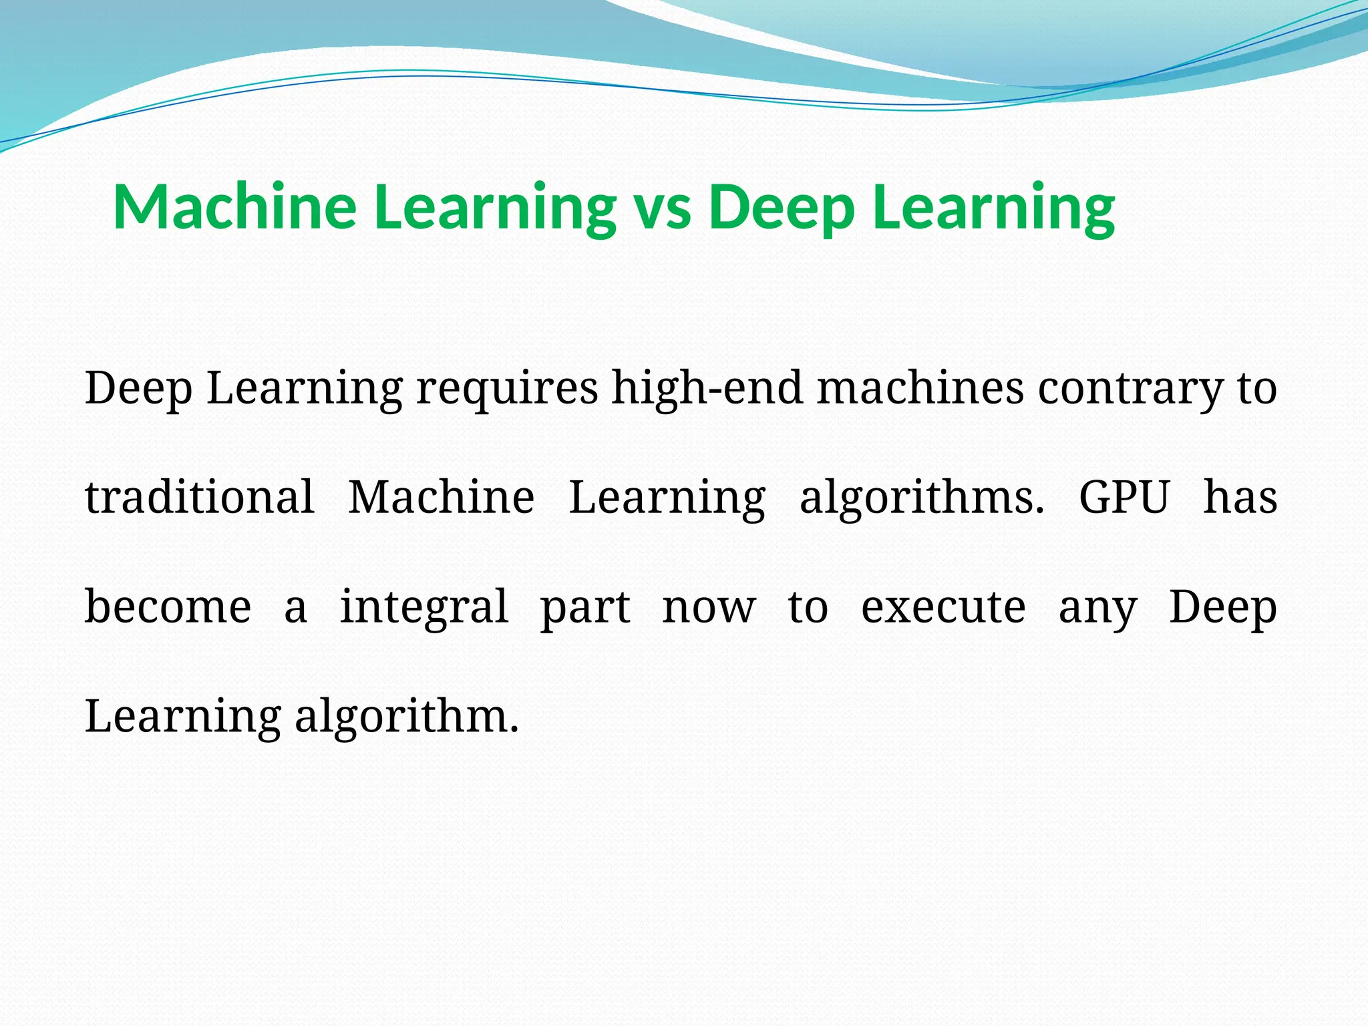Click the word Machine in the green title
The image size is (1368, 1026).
(234, 206)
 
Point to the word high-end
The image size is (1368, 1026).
(707, 389)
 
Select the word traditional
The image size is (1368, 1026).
(200, 497)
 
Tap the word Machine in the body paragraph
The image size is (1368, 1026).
(442, 497)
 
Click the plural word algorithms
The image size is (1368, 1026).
(922, 498)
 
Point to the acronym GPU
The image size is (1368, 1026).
(1124, 497)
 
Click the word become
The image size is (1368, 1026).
(168, 607)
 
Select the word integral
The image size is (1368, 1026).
(424, 608)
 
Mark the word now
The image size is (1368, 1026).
(709, 608)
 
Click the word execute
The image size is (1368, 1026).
(943, 607)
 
